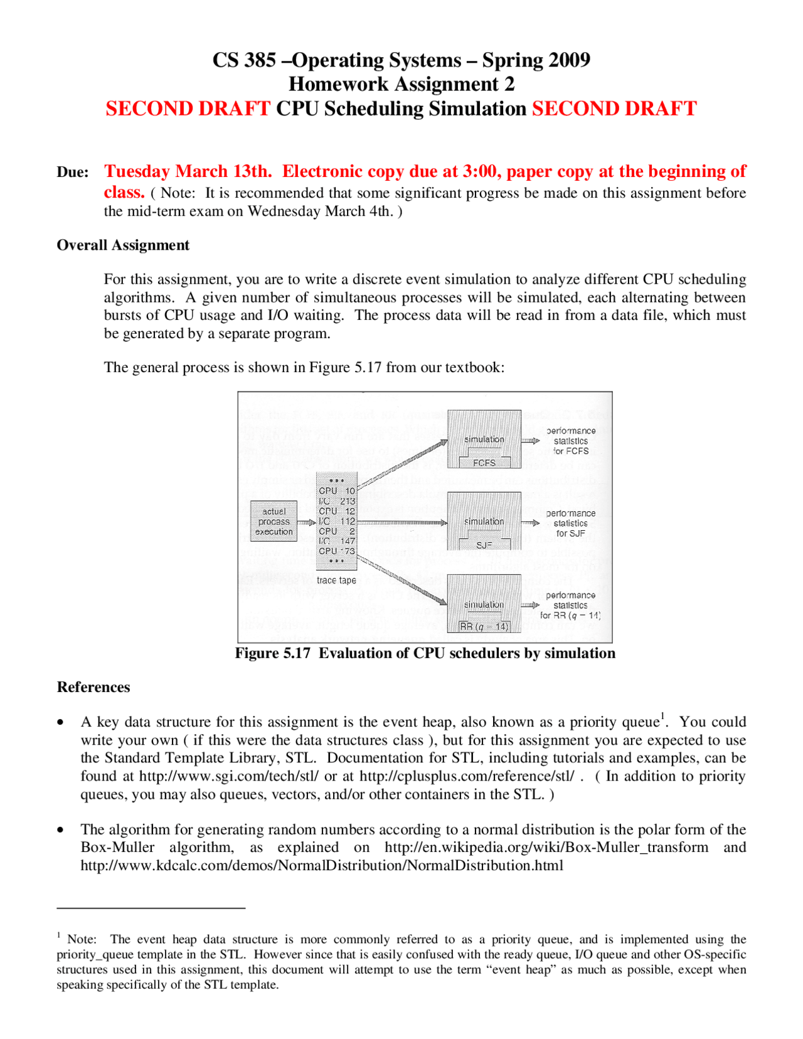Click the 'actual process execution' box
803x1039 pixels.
[274, 521]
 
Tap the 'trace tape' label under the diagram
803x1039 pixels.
[336, 580]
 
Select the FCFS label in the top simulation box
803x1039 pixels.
[484, 463]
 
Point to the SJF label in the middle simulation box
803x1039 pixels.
[484, 545]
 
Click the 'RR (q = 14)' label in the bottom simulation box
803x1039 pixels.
[484, 626]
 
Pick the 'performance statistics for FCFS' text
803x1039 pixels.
[570, 441]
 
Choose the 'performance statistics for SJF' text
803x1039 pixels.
[570, 523]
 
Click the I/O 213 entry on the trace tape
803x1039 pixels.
[337, 501]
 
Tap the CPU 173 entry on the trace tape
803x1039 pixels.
[337, 551]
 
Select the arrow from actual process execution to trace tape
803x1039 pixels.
[306, 522]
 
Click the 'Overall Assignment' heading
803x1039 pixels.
[123, 245]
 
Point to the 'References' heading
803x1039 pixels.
[93, 687]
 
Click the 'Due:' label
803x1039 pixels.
[73, 173]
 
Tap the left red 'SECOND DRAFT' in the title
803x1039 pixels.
[188, 109]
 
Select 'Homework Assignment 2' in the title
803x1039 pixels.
[401, 84]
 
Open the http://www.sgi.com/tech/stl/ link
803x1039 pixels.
[228, 776]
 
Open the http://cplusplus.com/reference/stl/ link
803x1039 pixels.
[467, 776]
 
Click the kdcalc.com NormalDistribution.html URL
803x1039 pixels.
[322, 866]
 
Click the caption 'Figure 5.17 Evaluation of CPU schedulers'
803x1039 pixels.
[425, 653]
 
